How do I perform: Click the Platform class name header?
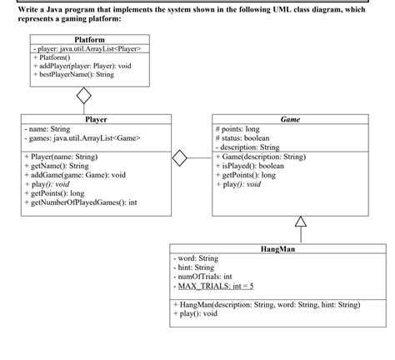(89, 39)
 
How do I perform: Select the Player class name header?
(96, 119)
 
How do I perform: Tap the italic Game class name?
(290, 119)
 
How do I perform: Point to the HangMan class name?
(278, 249)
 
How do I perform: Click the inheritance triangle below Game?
(301, 221)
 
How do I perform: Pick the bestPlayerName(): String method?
(73, 75)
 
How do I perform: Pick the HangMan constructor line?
(278, 305)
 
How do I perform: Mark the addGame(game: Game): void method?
(76, 175)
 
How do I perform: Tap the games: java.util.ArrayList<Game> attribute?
(82, 138)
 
